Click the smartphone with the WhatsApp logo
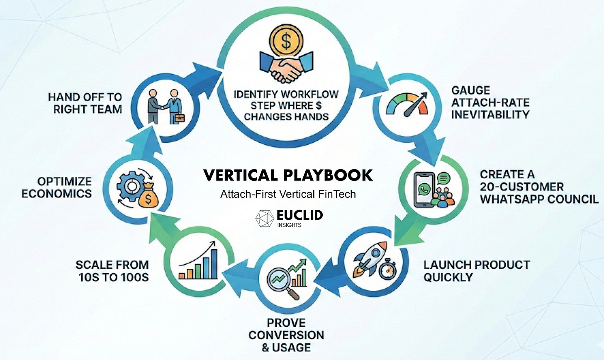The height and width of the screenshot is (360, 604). click(424, 189)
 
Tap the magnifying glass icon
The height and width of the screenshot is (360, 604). click(282, 282)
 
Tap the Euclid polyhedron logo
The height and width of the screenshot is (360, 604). click(264, 218)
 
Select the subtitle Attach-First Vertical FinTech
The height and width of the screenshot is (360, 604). click(288, 194)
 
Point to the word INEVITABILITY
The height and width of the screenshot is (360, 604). click(490, 114)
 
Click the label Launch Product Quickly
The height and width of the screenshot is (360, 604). click(476, 270)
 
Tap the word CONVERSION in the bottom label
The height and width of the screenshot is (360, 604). click(286, 335)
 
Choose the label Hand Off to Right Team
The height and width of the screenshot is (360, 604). click(85, 103)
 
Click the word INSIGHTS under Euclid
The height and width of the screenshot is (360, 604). click(289, 225)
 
